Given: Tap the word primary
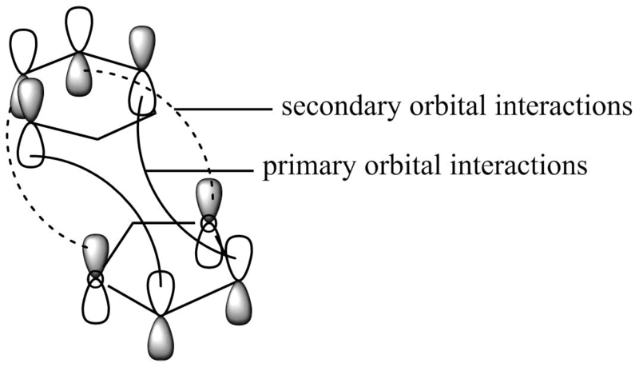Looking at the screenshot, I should (298, 167).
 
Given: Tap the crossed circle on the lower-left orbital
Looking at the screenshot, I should (96, 279).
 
